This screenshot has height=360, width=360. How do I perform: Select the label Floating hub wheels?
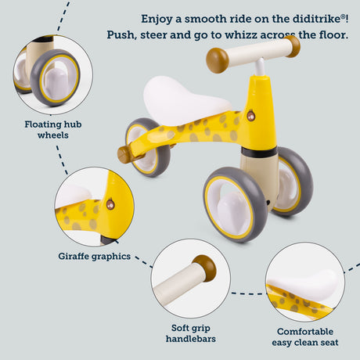click(53, 130)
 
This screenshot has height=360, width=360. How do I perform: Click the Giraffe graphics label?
click(94, 257)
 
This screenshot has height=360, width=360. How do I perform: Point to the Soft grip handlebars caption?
click(191, 333)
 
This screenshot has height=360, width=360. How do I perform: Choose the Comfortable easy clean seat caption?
click(305, 337)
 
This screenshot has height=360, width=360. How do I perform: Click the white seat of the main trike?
click(185, 100)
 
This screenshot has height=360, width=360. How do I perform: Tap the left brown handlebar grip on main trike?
click(217, 60)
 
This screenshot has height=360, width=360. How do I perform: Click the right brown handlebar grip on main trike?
click(293, 46)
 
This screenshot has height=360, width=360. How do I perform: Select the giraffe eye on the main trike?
click(250, 116)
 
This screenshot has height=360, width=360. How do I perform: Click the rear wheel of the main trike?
click(148, 147)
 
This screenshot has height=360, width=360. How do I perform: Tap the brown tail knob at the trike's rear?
click(124, 154)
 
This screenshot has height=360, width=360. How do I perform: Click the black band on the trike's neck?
click(259, 152)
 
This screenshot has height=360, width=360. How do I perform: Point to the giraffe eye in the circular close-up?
click(110, 204)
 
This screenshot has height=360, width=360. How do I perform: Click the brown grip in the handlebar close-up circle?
click(205, 268)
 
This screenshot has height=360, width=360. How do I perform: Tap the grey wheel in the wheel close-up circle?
click(55, 77)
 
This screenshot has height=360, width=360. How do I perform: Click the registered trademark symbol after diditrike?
click(344, 16)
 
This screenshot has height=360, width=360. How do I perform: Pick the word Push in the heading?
click(122, 34)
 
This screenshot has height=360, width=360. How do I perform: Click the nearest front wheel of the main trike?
click(236, 205)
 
